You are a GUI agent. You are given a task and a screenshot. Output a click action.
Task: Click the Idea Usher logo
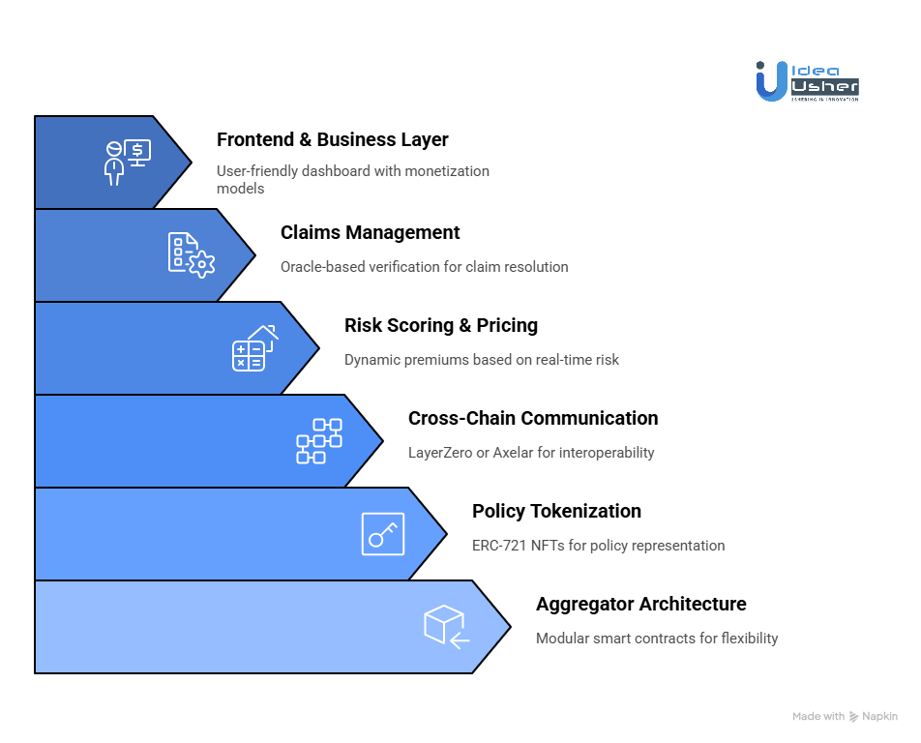coord(806,81)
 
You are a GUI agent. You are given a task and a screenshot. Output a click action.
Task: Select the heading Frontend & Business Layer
coord(332,139)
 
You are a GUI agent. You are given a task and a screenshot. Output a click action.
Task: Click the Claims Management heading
coord(370,232)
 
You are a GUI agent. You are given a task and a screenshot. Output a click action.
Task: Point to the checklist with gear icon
coord(191,254)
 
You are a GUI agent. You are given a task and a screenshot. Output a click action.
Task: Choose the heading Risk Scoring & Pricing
coord(440,325)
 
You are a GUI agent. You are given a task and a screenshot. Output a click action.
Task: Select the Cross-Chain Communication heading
coord(532,418)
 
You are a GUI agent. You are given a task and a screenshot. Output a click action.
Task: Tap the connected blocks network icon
coord(318,441)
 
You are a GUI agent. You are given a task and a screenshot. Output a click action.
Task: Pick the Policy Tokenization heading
coord(556,511)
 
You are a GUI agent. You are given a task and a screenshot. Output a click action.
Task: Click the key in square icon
coord(382,534)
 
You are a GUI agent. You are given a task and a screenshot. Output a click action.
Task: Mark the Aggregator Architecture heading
coord(640,604)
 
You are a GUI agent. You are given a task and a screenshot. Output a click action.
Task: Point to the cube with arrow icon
coord(446,626)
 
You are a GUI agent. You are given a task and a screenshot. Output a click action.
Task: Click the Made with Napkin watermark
coord(845,717)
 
